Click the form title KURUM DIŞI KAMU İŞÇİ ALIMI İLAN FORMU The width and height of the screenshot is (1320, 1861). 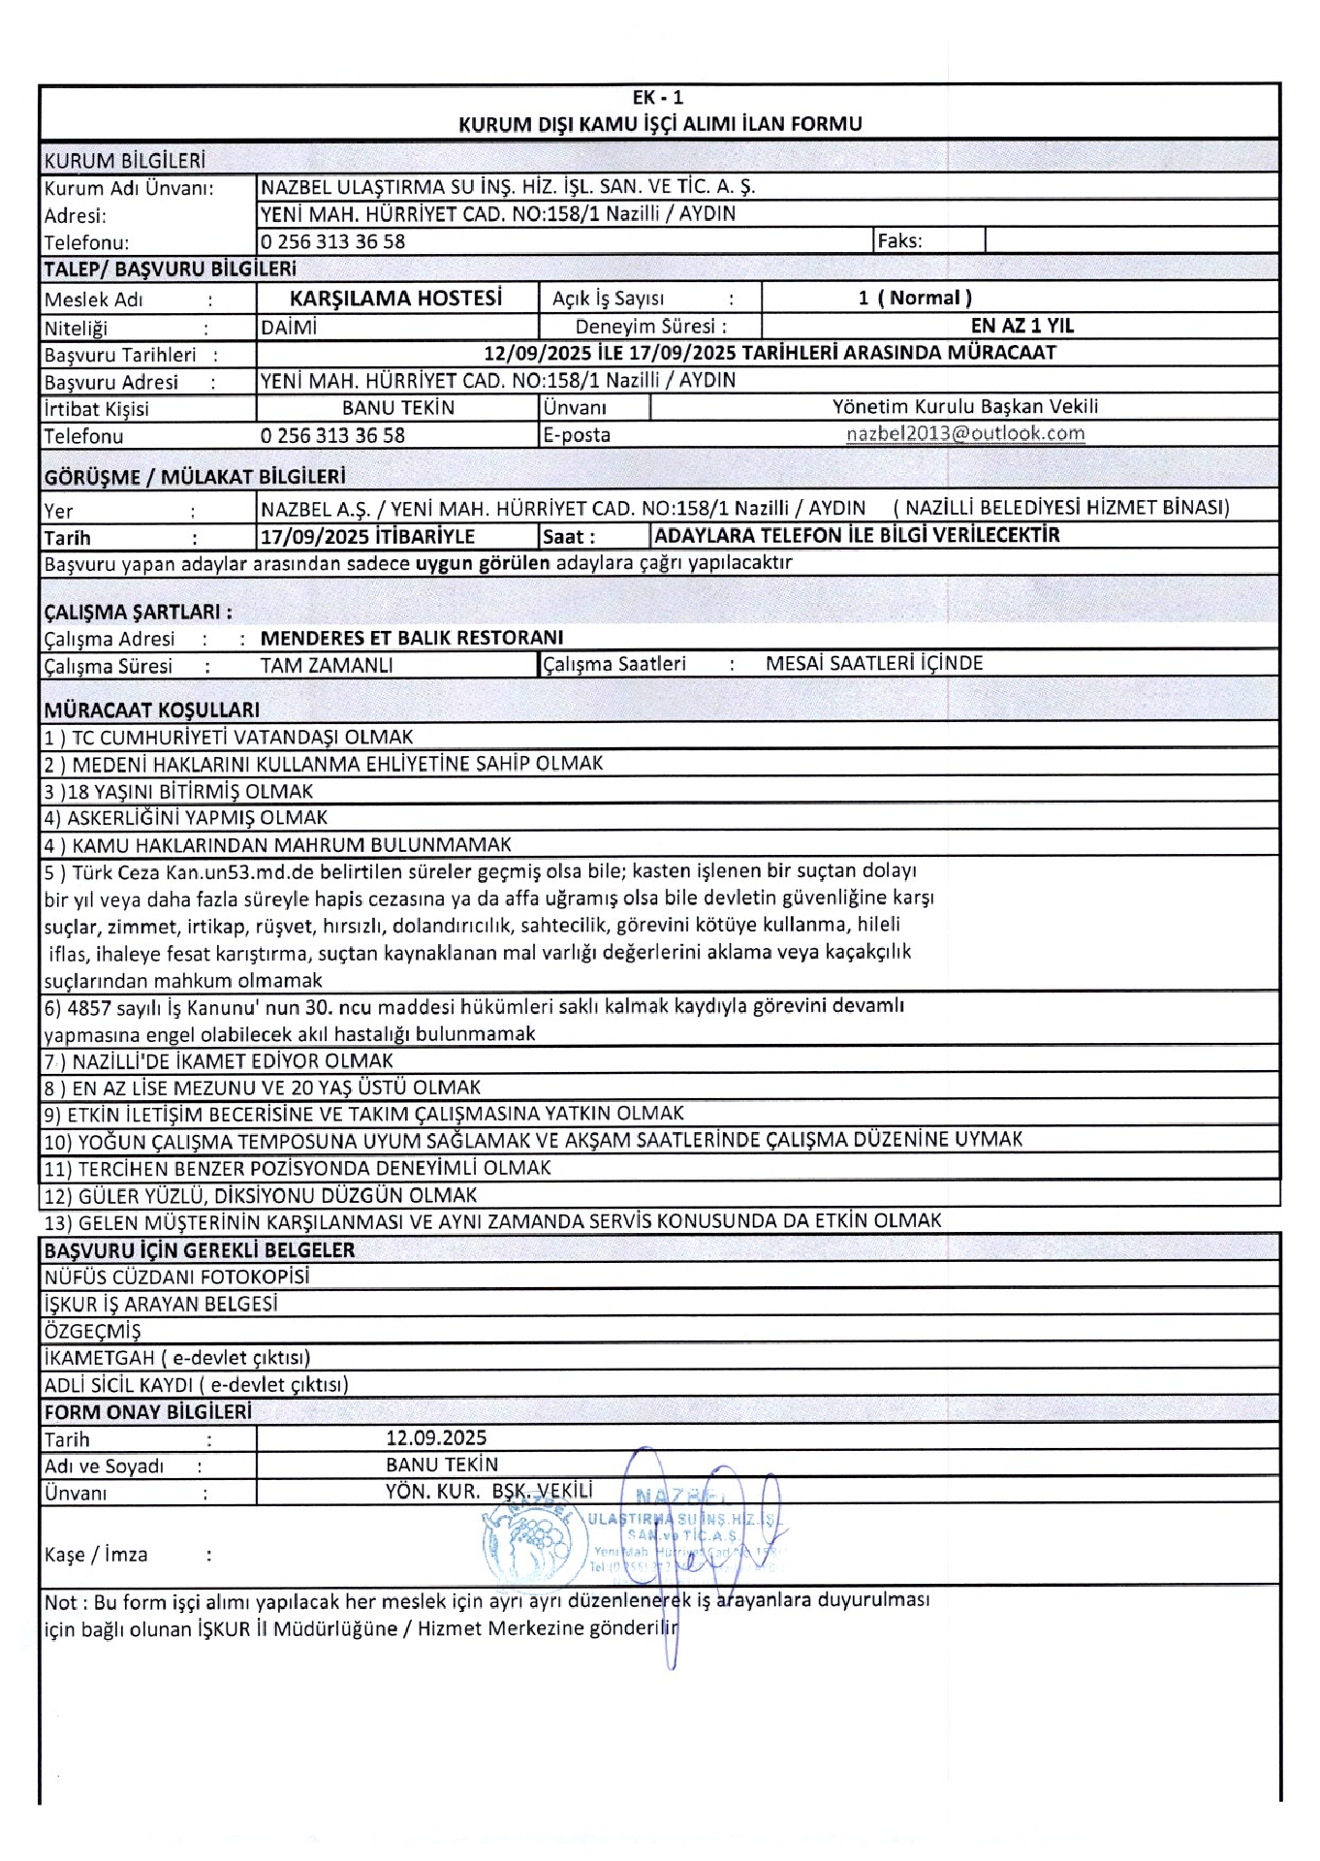click(x=659, y=124)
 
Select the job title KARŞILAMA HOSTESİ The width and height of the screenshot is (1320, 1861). click(x=395, y=299)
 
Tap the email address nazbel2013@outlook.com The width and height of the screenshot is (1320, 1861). click(x=965, y=434)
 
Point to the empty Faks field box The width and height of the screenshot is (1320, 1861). click(x=1131, y=240)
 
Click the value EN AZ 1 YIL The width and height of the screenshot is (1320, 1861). click(x=1021, y=326)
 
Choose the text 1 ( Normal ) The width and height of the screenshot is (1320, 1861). click(x=914, y=299)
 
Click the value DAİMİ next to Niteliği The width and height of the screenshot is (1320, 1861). click(x=288, y=328)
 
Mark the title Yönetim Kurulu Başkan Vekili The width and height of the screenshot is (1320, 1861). click(x=965, y=407)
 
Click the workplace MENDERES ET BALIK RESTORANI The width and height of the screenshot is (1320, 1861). click(x=412, y=638)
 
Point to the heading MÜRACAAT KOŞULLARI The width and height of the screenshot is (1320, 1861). click(x=151, y=710)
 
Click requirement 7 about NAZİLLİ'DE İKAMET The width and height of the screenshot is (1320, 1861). click(x=219, y=1061)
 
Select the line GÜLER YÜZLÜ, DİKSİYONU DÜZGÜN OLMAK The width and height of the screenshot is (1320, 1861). click(x=261, y=1195)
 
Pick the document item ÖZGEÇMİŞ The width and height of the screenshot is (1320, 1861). click(x=92, y=1331)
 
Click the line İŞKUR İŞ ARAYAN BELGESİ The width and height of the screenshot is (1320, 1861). click(x=161, y=1304)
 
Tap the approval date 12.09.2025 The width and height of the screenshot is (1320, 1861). click(x=436, y=1438)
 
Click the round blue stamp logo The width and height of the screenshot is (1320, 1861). click(x=530, y=1543)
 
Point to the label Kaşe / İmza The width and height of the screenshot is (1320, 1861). click(x=96, y=1555)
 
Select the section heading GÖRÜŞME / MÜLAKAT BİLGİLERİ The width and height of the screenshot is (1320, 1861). click(x=195, y=477)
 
